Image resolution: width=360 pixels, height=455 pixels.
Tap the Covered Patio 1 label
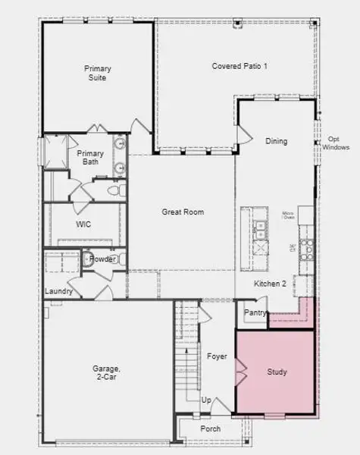coord(239,67)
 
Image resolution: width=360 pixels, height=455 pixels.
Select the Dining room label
coord(276,141)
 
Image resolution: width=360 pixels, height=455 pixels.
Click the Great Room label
coord(183,212)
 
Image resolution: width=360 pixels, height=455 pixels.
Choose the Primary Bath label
coord(92,157)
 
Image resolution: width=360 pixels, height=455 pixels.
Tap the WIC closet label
coord(83,224)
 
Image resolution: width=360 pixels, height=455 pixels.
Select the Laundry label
coord(58,291)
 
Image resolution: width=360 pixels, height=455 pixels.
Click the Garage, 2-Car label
coord(108,372)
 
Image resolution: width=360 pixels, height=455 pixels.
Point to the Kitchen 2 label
coord(270,284)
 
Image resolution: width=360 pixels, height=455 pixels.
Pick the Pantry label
coord(253,312)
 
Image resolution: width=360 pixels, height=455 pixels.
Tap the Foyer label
coord(217,356)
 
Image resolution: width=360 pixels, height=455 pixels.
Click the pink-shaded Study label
coord(277,372)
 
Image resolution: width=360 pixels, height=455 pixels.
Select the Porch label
coord(211,428)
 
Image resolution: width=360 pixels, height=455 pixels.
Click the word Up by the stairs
coord(205,400)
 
